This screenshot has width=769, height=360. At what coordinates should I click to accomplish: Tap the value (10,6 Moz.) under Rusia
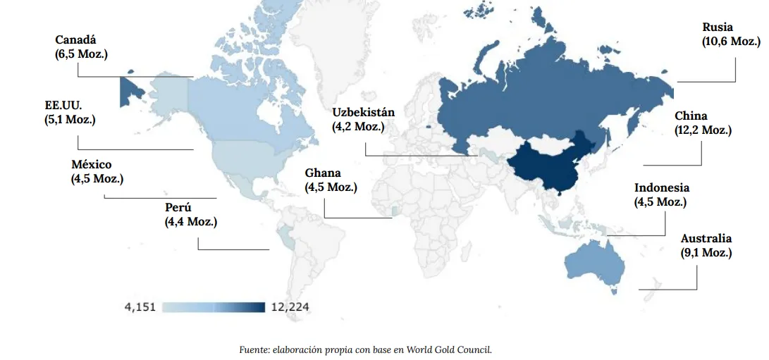coord(731,41)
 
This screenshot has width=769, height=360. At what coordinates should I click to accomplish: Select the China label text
coord(691,116)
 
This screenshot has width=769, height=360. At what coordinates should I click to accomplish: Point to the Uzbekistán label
coord(363,113)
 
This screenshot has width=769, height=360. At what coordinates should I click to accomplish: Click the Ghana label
coord(323,173)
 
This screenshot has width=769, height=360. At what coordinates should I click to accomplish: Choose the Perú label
coord(178,208)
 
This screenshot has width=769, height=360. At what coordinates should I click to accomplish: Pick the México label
coord(91,165)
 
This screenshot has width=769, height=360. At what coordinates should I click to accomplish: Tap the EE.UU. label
coord(63,106)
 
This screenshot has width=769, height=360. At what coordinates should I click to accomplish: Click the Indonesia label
coord(661,187)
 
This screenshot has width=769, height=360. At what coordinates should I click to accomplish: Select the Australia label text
coord(706,239)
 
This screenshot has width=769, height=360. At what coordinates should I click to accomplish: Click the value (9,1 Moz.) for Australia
coord(706,252)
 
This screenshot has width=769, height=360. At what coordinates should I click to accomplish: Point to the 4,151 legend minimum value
coord(140,307)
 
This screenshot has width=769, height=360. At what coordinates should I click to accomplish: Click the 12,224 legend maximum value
coord(290,307)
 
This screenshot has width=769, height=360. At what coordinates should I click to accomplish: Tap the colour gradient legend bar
coord(214,307)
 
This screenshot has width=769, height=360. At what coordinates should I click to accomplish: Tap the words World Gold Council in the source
coord(458,349)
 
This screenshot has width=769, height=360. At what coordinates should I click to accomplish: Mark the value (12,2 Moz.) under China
coord(703,130)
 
